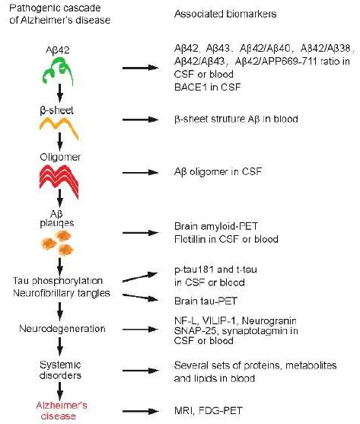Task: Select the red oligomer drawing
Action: point(59,180)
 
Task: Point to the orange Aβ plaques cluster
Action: point(58,243)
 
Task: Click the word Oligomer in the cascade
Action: point(60,157)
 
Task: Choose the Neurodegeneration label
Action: point(62,329)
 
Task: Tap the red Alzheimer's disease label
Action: point(61,410)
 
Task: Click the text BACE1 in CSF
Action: point(207,87)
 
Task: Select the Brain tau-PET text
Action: point(205,301)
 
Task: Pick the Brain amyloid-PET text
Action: point(216,226)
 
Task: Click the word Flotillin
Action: point(190,239)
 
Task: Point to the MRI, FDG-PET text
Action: point(208,411)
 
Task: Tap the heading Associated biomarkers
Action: point(225,14)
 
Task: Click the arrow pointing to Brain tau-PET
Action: point(140,297)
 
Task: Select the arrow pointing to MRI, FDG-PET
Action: point(140,411)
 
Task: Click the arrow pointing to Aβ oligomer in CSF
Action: point(140,172)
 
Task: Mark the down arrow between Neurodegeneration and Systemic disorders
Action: point(60,346)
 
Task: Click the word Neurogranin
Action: point(269,321)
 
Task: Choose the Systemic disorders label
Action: point(60,370)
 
